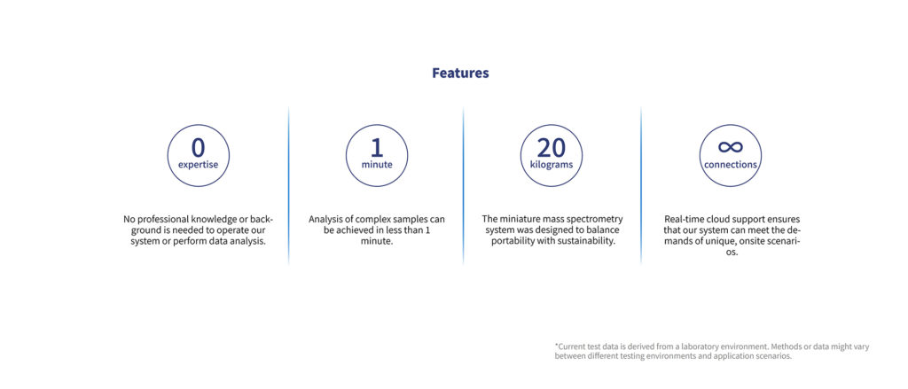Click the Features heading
(460, 74)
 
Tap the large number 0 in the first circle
(198, 148)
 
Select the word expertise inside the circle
(198, 165)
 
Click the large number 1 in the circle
(376, 148)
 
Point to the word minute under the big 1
(377, 165)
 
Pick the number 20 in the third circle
(552, 148)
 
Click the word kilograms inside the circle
(552, 165)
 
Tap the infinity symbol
(731, 148)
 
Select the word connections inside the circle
(731, 165)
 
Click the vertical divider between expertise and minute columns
(288, 185)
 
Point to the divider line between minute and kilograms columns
(463, 185)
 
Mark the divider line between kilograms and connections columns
(641, 185)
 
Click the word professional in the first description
(160, 220)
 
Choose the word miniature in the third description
(521, 220)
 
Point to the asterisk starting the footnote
(556, 345)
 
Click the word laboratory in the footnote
(695, 346)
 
